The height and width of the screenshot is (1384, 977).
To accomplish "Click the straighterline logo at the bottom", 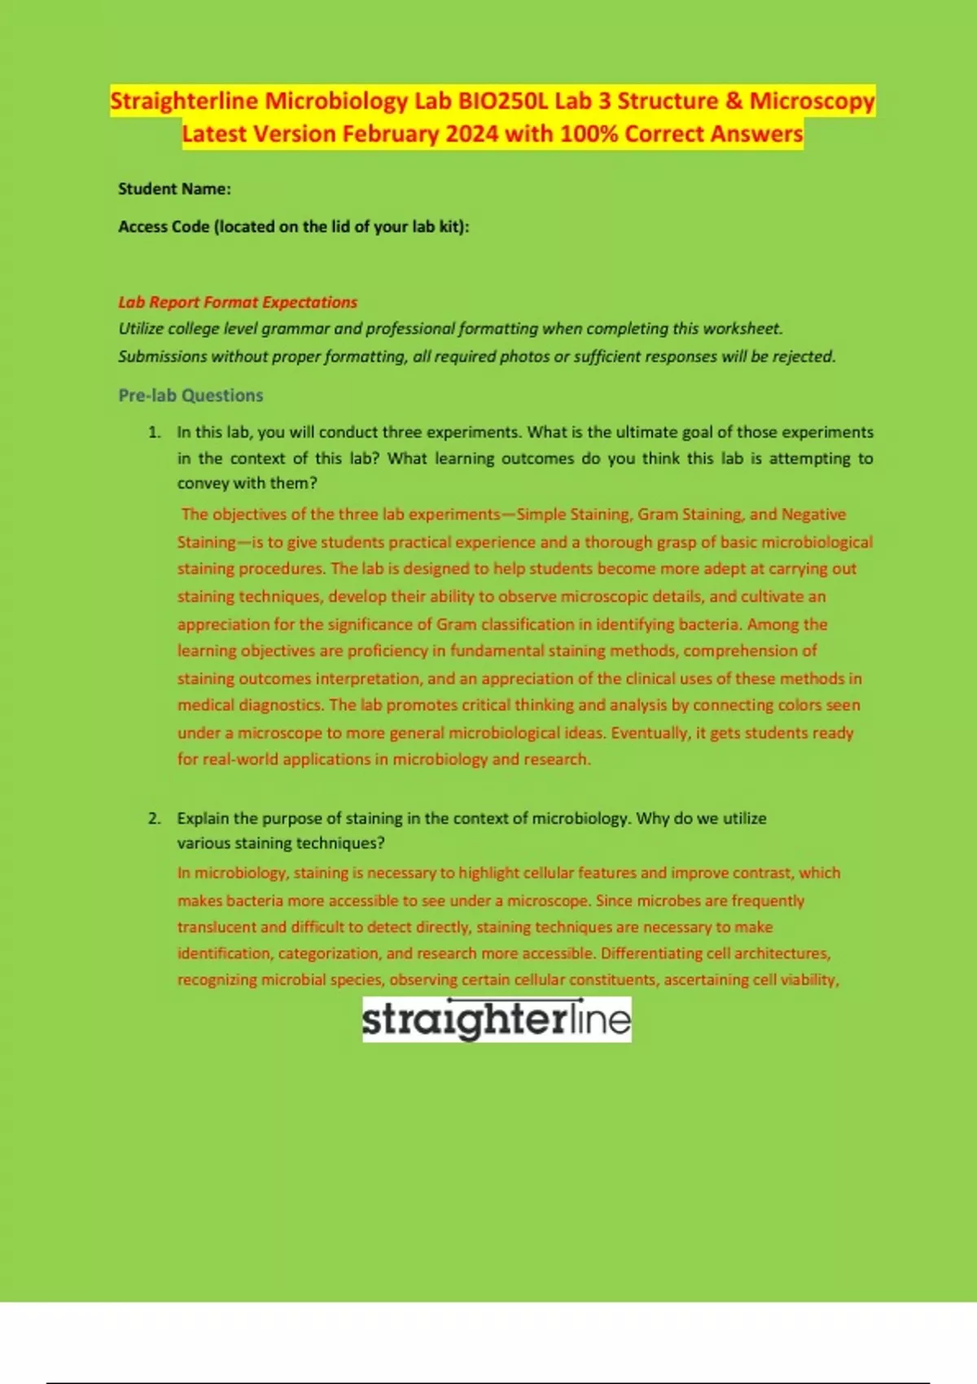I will click(497, 1019).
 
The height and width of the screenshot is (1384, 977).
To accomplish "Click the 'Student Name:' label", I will click(174, 189).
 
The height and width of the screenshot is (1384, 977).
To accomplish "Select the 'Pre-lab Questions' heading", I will click(191, 396).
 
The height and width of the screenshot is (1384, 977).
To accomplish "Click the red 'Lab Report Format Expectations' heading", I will click(238, 302).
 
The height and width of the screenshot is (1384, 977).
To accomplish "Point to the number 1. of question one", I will click(155, 432).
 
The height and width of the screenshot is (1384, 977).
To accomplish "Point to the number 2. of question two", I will click(155, 818).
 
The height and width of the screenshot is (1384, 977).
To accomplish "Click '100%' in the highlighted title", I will click(589, 134).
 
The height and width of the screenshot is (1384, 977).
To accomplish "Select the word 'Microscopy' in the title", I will click(812, 101).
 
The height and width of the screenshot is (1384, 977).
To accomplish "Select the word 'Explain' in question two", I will click(204, 818).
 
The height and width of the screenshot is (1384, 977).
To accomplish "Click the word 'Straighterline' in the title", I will click(184, 101).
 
